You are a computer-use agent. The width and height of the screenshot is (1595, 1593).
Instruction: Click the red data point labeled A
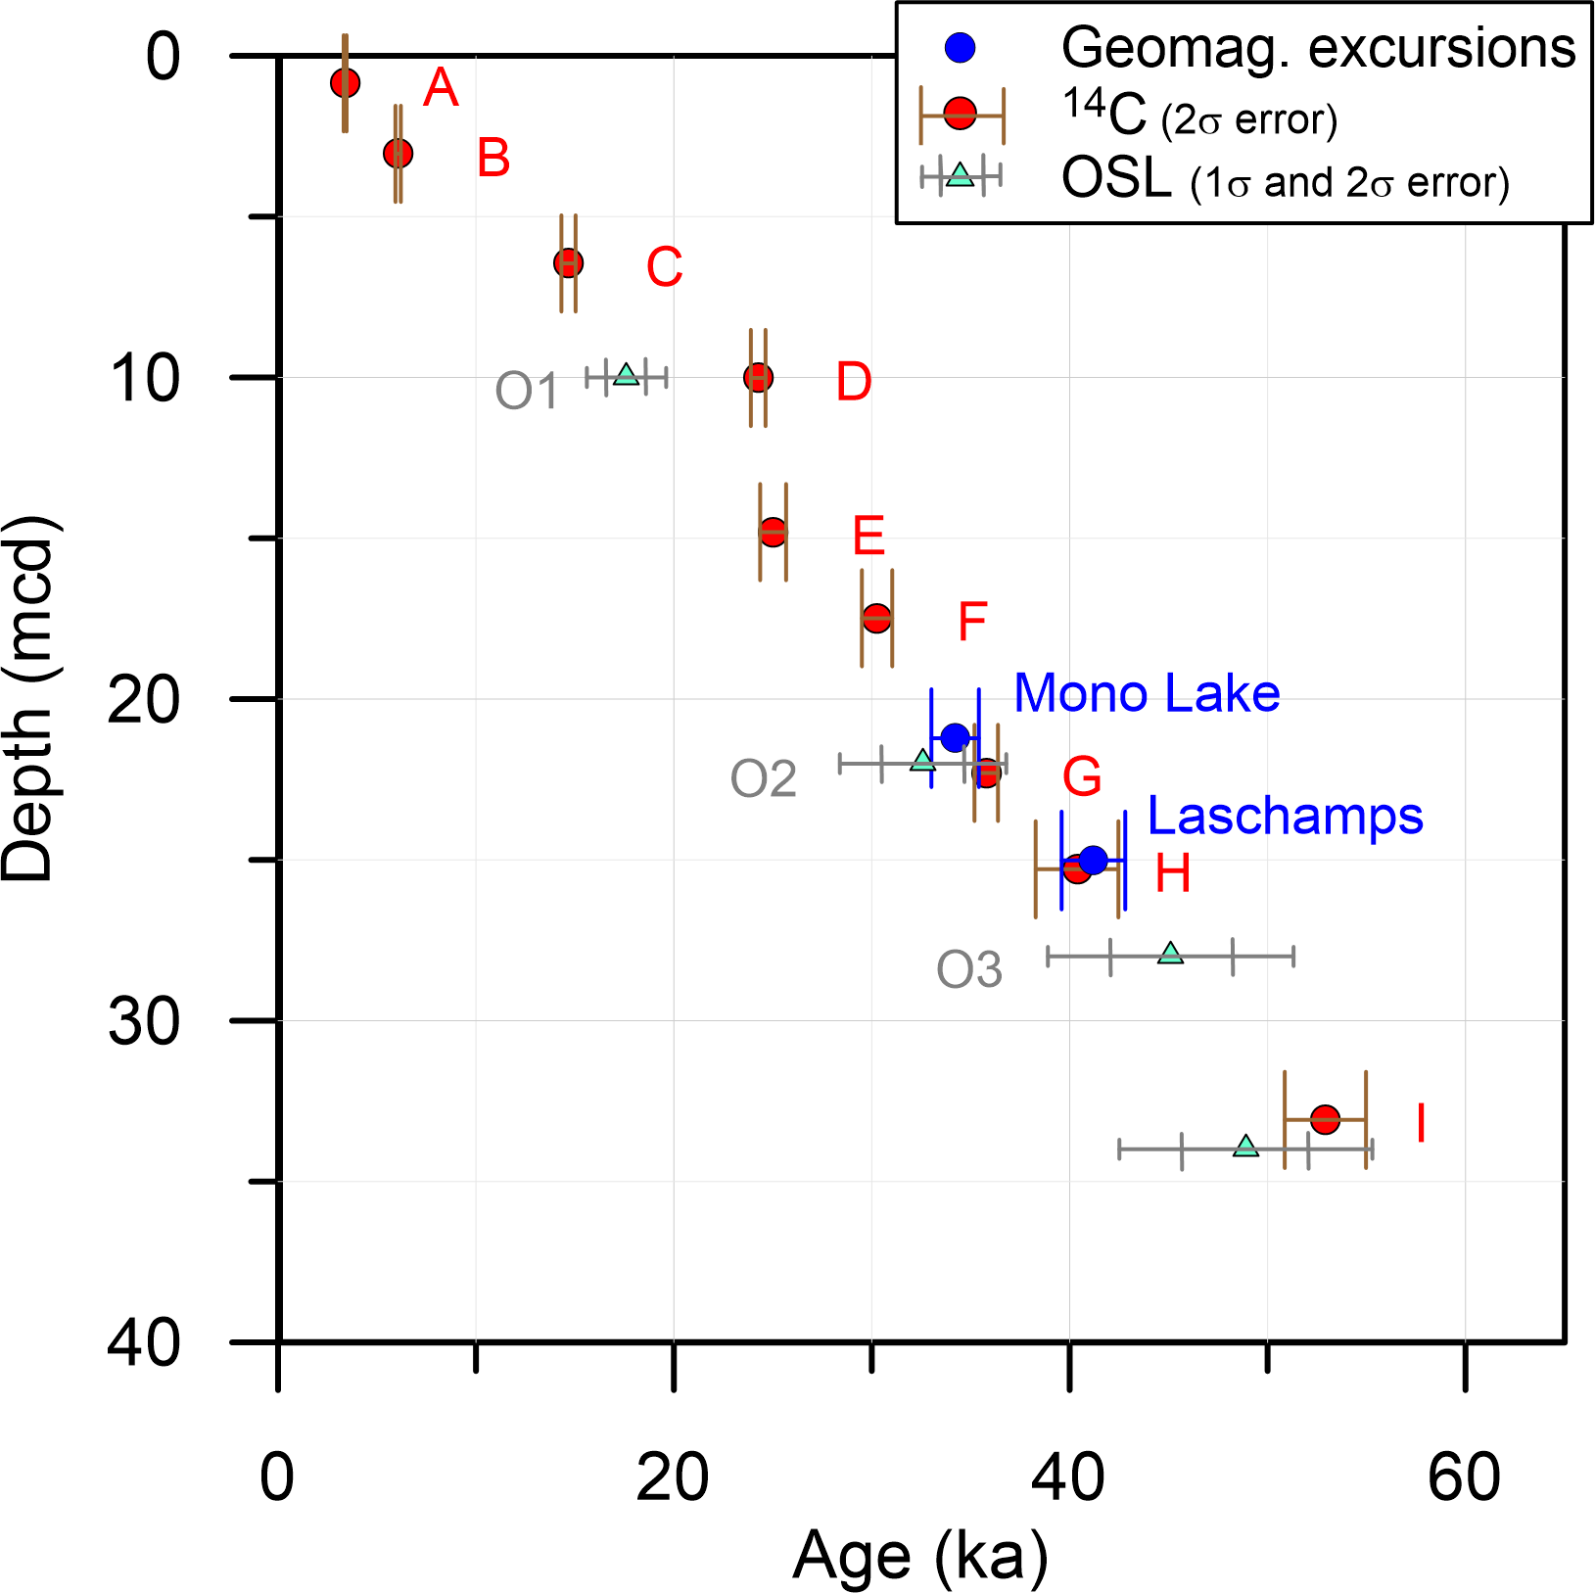(345, 82)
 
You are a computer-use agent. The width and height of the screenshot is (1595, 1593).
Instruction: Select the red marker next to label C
(568, 262)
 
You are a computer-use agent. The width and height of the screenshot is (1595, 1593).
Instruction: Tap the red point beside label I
(1325, 1119)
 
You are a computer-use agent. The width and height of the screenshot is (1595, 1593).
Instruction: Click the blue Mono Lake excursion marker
(955, 737)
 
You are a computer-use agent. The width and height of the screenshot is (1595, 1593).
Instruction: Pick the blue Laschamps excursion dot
(1094, 860)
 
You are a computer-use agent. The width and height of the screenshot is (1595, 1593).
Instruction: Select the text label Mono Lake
(1147, 693)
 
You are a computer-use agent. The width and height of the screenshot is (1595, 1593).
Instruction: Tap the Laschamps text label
(1285, 816)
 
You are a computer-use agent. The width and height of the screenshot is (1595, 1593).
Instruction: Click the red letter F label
(971, 621)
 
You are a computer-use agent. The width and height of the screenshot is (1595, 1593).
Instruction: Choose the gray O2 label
(764, 779)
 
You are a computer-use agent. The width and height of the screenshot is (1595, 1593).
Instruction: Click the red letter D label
(853, 381)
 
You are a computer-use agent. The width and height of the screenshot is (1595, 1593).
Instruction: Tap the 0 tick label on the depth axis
(164, 57)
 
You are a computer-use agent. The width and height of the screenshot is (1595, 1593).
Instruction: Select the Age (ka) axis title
(920, 1556)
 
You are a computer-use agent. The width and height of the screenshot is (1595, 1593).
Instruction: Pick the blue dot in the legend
(962, 47)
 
